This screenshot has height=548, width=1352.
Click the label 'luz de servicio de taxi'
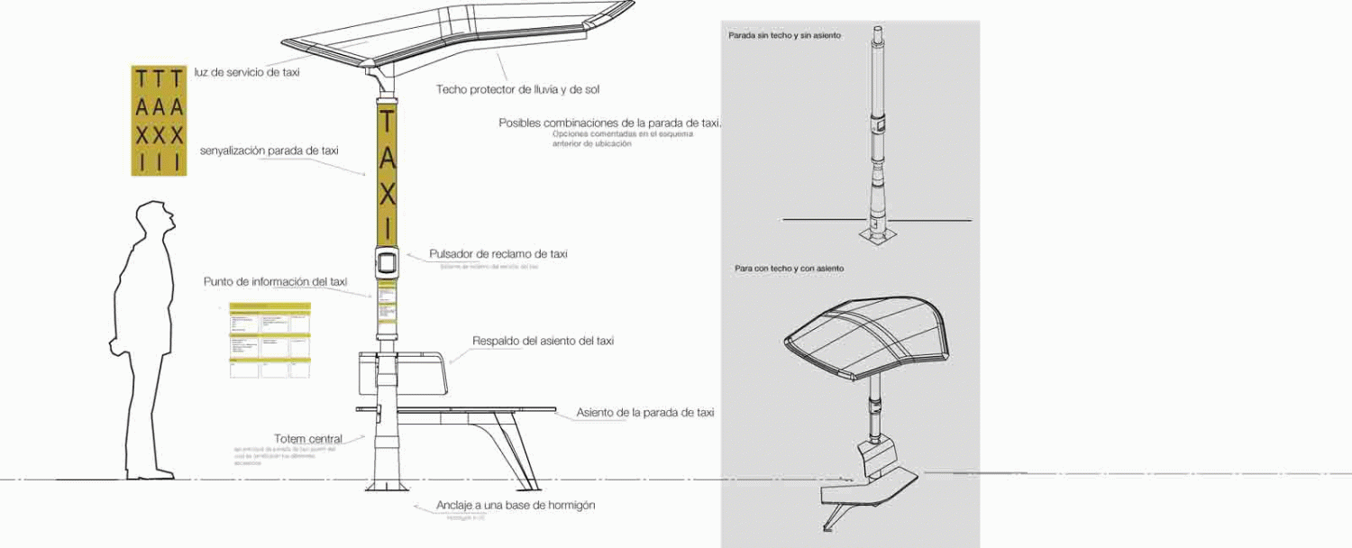point(247,72)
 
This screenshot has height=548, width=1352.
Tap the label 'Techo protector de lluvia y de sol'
point(517,89)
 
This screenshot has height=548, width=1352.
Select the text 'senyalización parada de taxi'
point(269,151)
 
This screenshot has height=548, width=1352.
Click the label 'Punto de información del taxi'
point(275,282)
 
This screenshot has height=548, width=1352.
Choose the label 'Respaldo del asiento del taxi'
point(543,341)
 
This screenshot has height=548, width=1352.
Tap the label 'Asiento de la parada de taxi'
point(644,413)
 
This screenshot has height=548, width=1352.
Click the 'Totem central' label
point(308,439)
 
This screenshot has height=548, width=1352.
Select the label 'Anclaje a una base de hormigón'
point(516,506)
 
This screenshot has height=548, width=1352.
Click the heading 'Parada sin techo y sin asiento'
point(784,35)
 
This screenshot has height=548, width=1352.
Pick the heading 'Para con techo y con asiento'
point(789,269)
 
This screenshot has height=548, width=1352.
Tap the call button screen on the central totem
point(387,262)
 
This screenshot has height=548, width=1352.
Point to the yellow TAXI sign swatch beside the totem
point(159,120)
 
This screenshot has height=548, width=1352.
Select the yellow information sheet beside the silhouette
point(269,340)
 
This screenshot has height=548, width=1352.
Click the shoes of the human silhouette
point(149,474)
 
